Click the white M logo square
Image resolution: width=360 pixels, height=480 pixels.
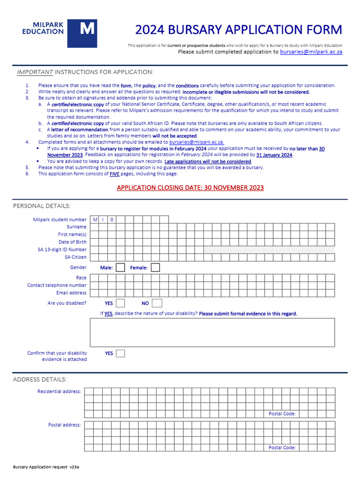(x=82, y=33)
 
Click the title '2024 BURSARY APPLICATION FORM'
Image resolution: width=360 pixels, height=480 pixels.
(x=239, y=30)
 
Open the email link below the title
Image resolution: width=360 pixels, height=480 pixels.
(x=311, y=52)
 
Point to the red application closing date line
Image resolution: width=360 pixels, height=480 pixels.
(x=190, y=188)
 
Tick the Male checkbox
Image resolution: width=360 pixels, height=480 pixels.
(x=120, y=268)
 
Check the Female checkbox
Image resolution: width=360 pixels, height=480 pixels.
(x=155, y=268)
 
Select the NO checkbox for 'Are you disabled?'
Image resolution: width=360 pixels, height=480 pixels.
(x=157, y=303)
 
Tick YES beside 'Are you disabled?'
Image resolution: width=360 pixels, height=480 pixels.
(x=120, y=303)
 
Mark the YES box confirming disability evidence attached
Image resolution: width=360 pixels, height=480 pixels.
(x=120, y=353)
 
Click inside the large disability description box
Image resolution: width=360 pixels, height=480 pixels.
(x=212, y=332)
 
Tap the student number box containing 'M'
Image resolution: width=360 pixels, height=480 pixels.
(x=94, y=219)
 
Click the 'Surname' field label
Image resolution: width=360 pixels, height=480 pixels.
(x=76, y=227)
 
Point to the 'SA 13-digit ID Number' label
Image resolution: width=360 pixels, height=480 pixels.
(x=62, y=250)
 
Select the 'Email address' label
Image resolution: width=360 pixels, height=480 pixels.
(x=71, y=293)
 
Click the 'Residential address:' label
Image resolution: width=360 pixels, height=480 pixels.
(x=59, y=391)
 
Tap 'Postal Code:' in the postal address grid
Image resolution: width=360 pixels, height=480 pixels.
(x=282, y=448)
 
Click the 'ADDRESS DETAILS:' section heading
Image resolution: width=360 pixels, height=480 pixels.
(x=40, y=379)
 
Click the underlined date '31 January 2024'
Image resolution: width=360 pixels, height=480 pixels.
(x=274, y=155)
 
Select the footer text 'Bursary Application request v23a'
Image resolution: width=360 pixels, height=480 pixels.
(x=46, y=467)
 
